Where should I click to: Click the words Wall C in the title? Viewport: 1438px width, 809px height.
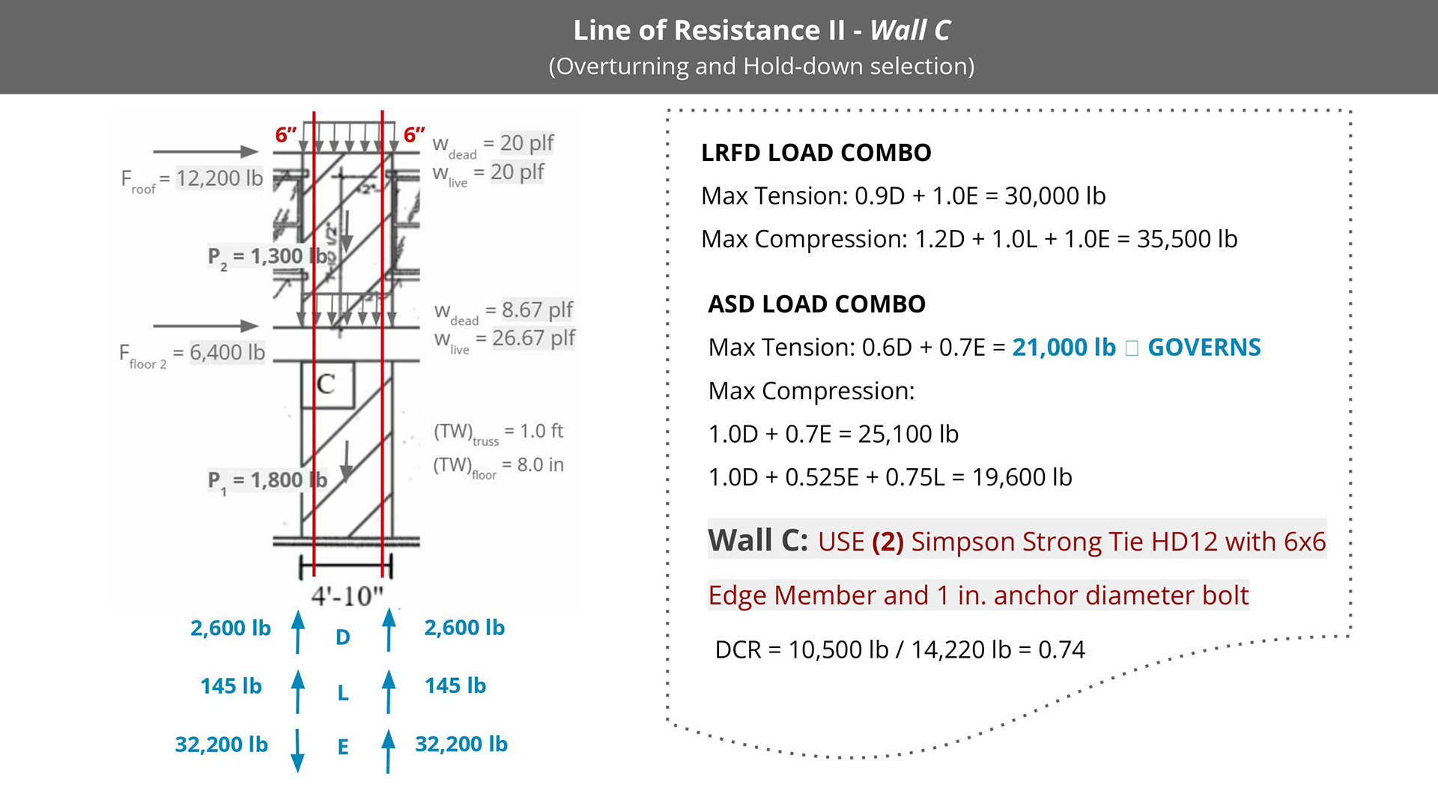click(910, 31)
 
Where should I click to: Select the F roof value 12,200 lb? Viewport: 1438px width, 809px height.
click(219, 178)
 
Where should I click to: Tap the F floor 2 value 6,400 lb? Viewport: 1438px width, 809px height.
click(227, 352)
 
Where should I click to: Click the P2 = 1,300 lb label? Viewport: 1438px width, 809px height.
click(267, 256)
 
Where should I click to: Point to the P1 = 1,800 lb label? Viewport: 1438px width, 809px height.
click(267, 479)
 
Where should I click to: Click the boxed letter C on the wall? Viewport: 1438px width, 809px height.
click(326, 384)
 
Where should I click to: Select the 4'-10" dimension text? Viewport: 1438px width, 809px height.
click(348, 596)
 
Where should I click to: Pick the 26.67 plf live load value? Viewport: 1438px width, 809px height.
click(533, 338)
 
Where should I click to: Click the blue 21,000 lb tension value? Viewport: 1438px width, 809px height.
click(1064, 348)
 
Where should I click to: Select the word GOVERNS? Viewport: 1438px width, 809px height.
click(1204, 348)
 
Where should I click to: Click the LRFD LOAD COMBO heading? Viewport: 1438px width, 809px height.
click(816, 153)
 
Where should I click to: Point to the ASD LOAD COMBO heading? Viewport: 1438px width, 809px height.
click(816, 304)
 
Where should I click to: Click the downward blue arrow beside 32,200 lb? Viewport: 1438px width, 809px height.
click(297, 751)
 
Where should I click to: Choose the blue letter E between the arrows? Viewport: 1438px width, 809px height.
click(343, 747)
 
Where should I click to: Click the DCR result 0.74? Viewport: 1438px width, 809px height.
click(1061, 649)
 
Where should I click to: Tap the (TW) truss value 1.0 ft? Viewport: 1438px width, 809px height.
click(541, 431)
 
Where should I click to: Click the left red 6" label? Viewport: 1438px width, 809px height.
click(285, 136)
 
